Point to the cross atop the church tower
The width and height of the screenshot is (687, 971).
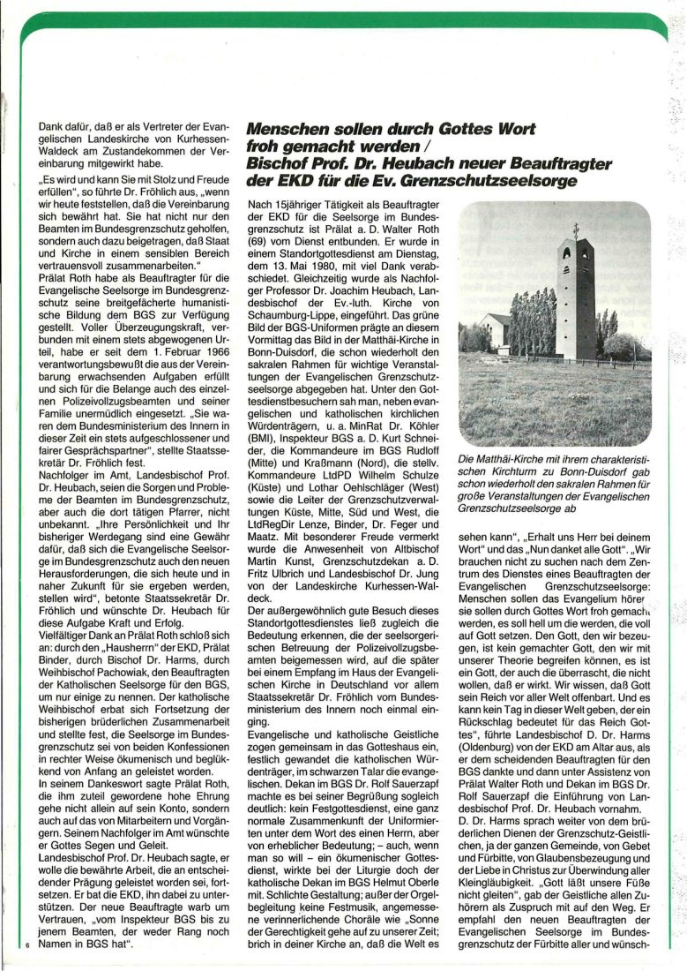tap(577, 229)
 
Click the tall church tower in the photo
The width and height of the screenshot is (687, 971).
tap(577, 300)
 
